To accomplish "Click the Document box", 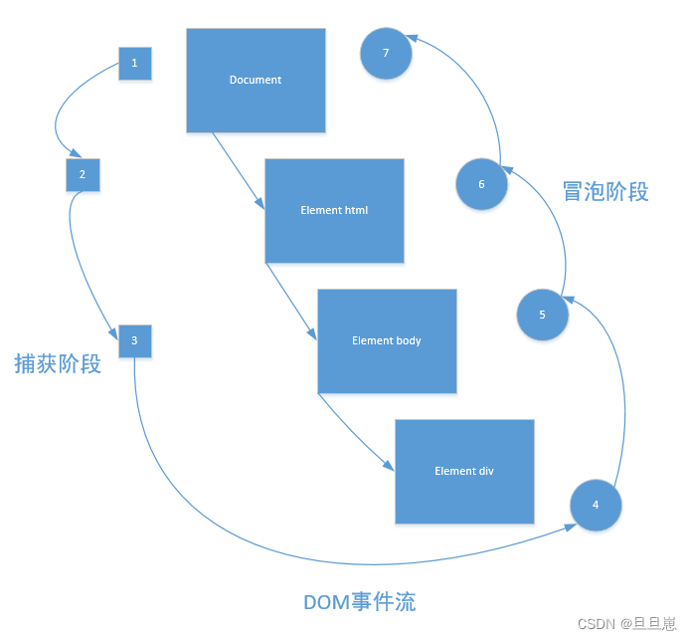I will (256, 81).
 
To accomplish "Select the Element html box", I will (334, 211).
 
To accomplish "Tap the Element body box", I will (387, 341).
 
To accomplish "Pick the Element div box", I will (464, 472).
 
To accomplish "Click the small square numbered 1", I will (134, 64).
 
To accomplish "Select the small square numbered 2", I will (83, 175).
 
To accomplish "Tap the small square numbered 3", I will (134, 341).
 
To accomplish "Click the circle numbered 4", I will (596, 505).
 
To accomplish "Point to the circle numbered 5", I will (542, 315).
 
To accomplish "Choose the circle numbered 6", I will (481, 184).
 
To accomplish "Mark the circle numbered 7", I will (386, 54).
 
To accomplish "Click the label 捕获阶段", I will (58, 364).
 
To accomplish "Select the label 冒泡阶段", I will (605, 192).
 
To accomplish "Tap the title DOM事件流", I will (359, 602).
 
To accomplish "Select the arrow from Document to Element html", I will (238, 170).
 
